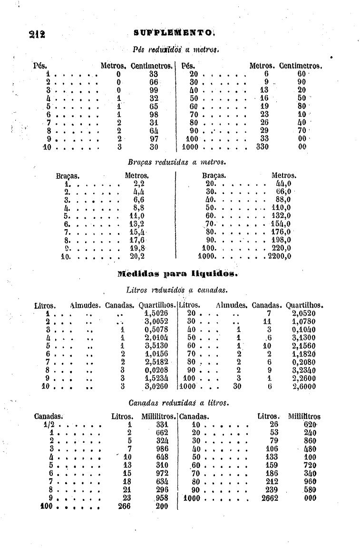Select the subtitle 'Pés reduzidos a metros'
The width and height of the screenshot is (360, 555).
177,49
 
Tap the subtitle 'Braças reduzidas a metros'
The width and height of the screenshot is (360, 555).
176,163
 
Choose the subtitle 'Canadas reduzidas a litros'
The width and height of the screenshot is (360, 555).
179,403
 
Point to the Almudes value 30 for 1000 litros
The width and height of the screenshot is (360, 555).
238,386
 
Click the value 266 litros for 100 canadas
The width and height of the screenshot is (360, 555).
124,506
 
